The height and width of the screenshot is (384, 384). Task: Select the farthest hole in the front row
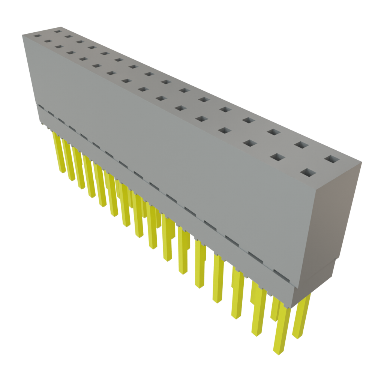click(x=37, y=36)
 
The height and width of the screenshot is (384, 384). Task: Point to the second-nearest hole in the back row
click(x=300, y=145)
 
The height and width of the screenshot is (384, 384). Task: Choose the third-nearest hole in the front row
click(x=249, y=143)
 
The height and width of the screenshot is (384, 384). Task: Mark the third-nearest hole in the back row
click(x=274, y=132)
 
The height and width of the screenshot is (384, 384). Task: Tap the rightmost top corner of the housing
click(x=362, y=162)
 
